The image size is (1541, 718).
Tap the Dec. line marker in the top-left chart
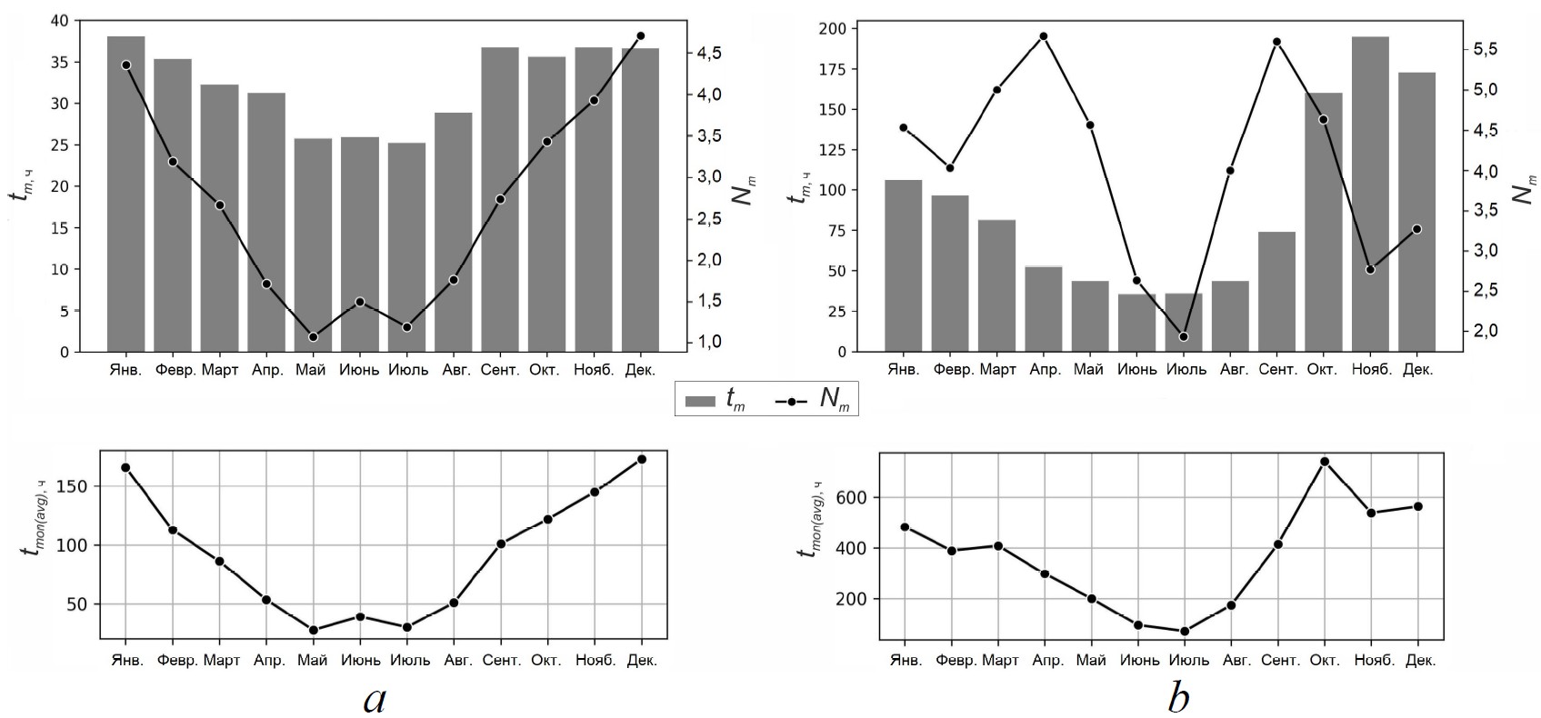[x=640, y=36]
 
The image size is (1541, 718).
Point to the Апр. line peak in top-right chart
[x=1043, y=36]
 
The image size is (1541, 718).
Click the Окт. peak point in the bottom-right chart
[x=1324, y=462]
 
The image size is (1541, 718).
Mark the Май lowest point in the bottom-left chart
[x=313, y=630]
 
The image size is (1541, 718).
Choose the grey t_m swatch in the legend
[x=702, y=401]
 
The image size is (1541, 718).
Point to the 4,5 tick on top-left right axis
[x=707, y=54]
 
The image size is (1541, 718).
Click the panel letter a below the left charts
[x=375, y=698]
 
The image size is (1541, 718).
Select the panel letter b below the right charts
[x=1178, y=698]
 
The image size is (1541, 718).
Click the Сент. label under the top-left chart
[x=500, y=371]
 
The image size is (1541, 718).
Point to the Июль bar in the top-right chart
[x=1183, y=322]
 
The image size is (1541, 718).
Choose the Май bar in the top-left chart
[x=313, y=244]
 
